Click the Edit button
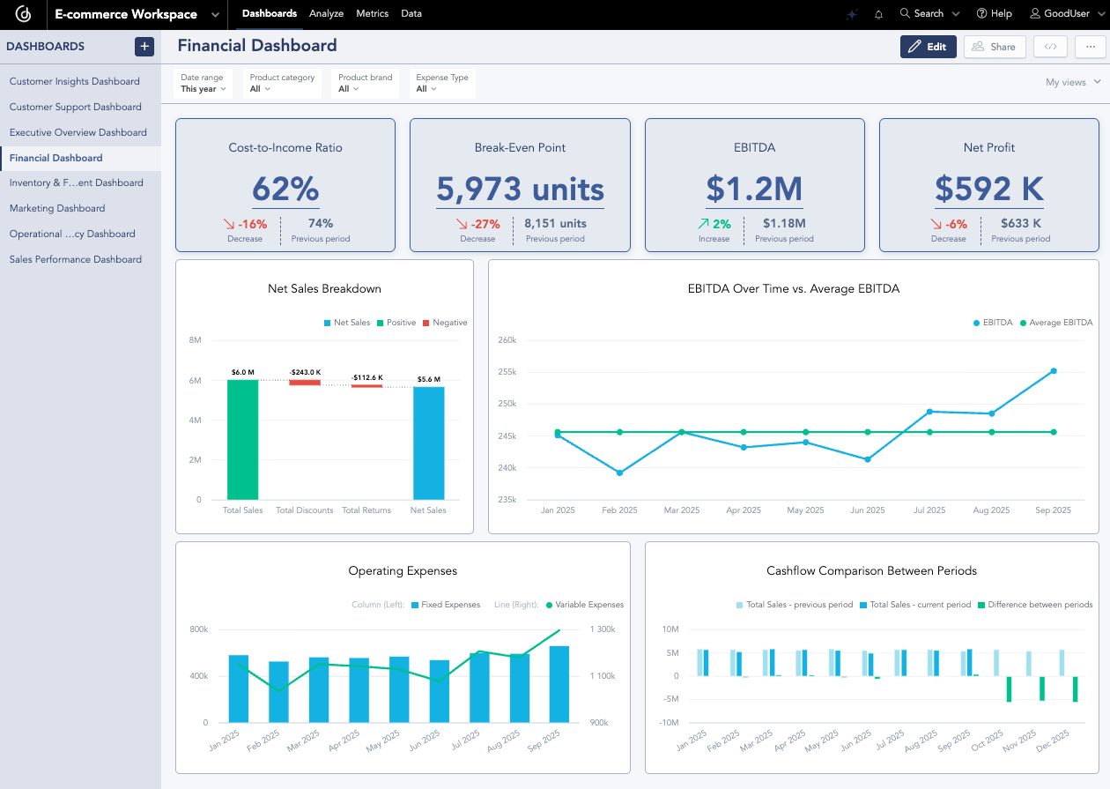click(x=928, y=47)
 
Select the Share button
click(x=995, y=47)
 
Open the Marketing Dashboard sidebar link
click(x=57, y=208)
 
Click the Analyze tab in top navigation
click(x=326, y=13)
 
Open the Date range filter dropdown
click(x=203, y=83)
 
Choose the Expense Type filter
click(x=441, y=83)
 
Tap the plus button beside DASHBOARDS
click(x=144, y=47)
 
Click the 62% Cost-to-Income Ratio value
click(x=285, y=189)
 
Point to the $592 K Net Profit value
click(x=988, y=189)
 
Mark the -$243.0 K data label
click(x=305, y=372)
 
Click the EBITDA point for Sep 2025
click(x=1053, y=371)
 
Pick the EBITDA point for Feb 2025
click(x=619, y=473)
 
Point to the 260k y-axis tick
click(x=506, y=339)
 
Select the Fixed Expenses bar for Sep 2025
click(x=559, y=684)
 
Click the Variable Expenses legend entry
click(x=584, y=605)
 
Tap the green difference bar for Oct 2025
click(x=1009, y=689)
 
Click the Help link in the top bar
click(x=994, y=13)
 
